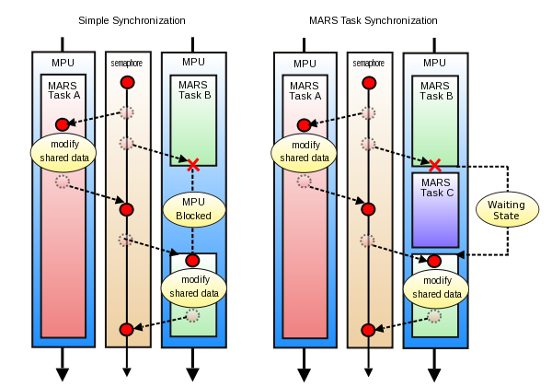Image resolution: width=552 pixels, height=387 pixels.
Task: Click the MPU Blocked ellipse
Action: pyautogui.click(x=193, y=210)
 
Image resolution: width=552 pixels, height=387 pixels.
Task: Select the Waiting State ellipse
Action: pyautogui.click(x=507, y=209)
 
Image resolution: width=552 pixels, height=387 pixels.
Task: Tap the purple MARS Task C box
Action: pyautogui.click(x=435, y=209)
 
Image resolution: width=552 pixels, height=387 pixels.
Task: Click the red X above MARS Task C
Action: pyautogui.click(x=434, y=166)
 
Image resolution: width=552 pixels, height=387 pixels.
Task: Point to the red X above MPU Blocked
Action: pyautogui.click(x=193, y=166)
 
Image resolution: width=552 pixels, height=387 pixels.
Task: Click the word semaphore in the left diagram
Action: pyautogui.click(x=127, y=63)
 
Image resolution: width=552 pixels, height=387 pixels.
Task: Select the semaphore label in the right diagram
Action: pyautogui.click(x=368, y=63)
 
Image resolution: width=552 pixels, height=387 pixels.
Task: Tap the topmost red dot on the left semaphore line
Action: pyautogui.click(x=127, y=83)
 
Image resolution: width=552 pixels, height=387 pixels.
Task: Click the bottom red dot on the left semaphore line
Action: pyautogui.click(x=127, y=330)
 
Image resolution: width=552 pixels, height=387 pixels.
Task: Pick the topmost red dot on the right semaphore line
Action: pyautogui.click(x=368, y=83)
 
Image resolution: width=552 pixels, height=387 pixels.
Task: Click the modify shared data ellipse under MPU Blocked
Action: pyautogui.click(x=193, y=287)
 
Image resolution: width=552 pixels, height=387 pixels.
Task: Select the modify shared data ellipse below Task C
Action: pyautogui.click(x=435, y=287)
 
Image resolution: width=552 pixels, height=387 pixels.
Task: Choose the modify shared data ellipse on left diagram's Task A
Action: pyautogui.click(x=63, y=152)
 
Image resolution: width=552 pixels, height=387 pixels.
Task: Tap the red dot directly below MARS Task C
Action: pyautogui.click(x=434, y=261)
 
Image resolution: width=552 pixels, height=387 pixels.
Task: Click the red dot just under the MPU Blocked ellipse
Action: pyautogui.click(x=193, y=261)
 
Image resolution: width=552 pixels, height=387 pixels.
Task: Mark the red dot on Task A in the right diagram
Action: pyautogui.click(x=304, y=124)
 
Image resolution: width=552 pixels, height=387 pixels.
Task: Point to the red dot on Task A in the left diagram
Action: pyautogui.click(x=63, y=124)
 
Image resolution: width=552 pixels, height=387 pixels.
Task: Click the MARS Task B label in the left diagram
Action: pyautogui.click(x=193, y=89)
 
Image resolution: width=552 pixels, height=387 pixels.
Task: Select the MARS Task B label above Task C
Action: pyautogui.click(x=435, y=89)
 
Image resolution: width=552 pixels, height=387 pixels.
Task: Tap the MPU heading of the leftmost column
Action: pyautogui.click(x=63, y=63)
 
